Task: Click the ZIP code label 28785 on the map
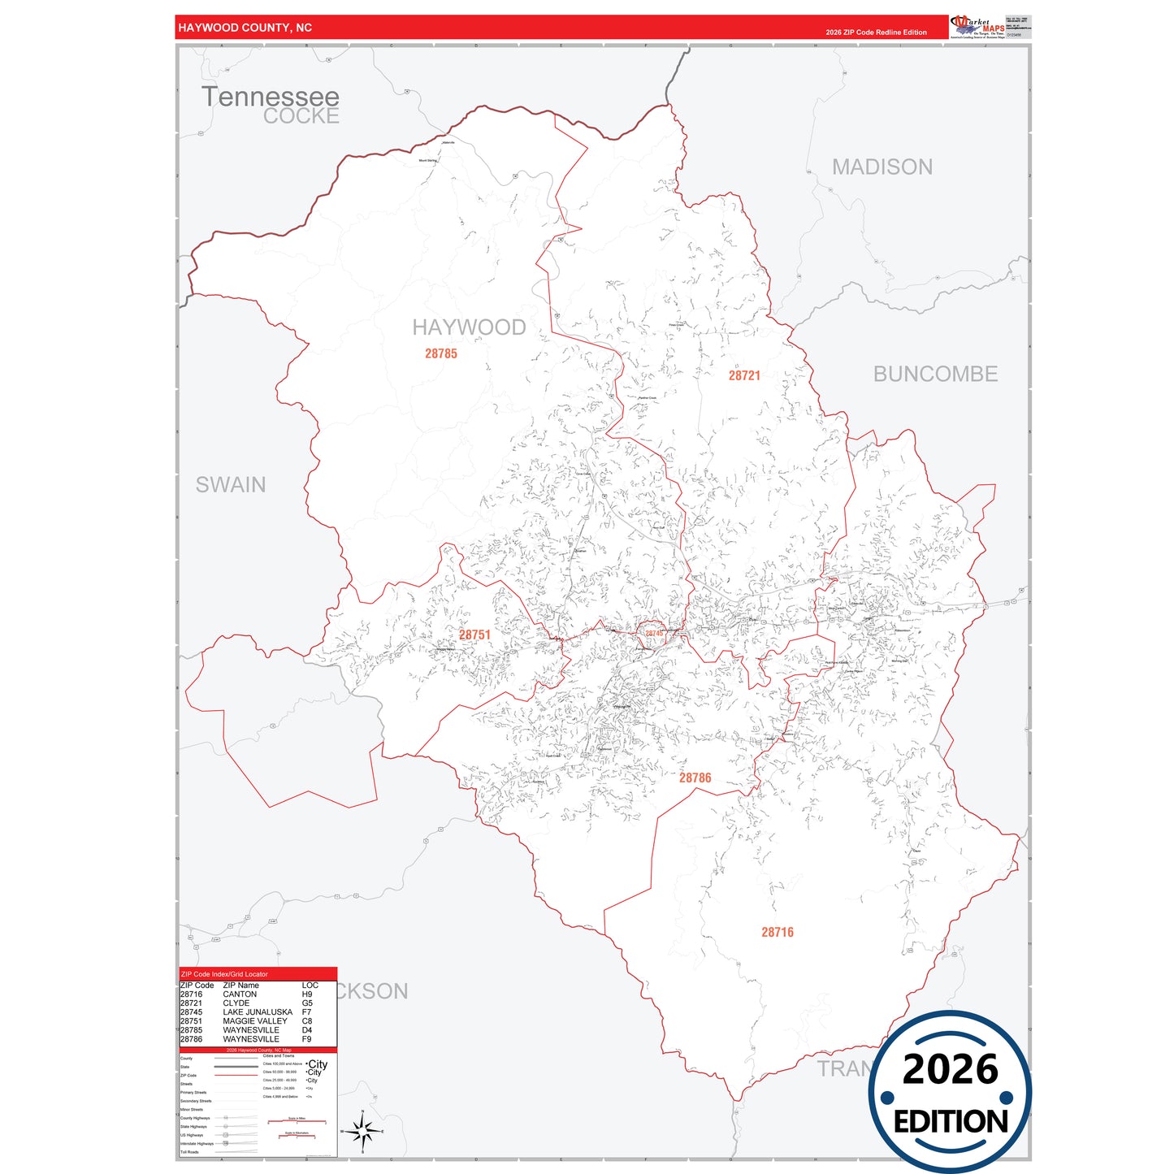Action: coord(441,353)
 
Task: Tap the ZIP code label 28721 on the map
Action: coord(744,375)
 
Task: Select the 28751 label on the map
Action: coord(474,635)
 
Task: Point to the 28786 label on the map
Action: coord(695,778)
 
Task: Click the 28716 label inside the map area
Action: coord(778,933)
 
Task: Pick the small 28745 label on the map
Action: coord(654,634)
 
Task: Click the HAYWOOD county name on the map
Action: coord(469,327)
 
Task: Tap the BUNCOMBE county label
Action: coord(935,374)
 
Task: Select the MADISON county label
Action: coord(882,167)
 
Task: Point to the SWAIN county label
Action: coord(231,485)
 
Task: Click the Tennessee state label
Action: coord(270,96)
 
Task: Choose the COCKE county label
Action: coord(301,116)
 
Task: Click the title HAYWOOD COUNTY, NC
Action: coord(245,28)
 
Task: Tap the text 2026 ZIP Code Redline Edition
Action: coord(876,32)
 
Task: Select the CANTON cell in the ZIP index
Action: coord(240,994)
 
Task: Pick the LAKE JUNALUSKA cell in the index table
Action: coord(258,1012)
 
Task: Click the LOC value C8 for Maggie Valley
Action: coord(307,1021)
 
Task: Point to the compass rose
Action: coord(362,1131)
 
